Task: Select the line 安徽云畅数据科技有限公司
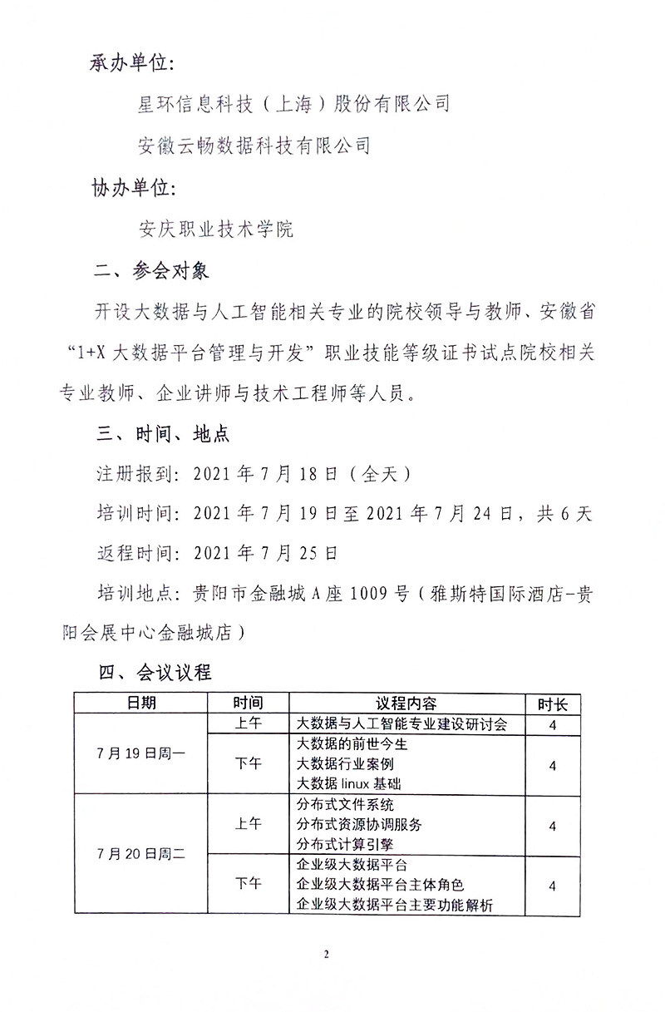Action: [254, 145]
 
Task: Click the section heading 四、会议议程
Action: [155, 673]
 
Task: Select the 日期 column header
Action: [140, 703]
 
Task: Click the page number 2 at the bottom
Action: [327, 954]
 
